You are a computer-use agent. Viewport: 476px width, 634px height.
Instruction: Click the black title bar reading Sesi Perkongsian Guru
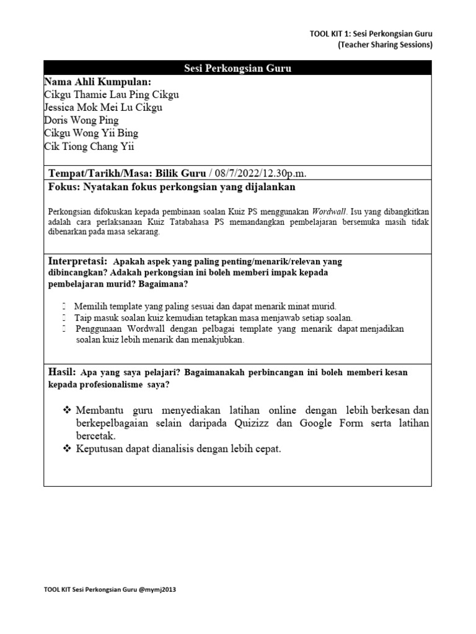click(237, 68)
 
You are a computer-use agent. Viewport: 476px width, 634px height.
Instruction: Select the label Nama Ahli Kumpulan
click(97, 82)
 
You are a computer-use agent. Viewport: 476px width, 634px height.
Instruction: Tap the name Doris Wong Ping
click(81, 120)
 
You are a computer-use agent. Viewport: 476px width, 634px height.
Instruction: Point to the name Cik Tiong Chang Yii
click(89, 146)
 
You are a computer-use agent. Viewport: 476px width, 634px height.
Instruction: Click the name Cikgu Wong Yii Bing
click(91, 133)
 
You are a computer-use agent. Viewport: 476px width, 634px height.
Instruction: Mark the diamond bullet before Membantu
click(68, 411)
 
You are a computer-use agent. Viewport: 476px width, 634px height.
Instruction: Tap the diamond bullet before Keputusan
click(68, 449)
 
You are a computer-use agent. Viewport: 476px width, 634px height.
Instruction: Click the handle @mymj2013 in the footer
click(157, 589)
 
